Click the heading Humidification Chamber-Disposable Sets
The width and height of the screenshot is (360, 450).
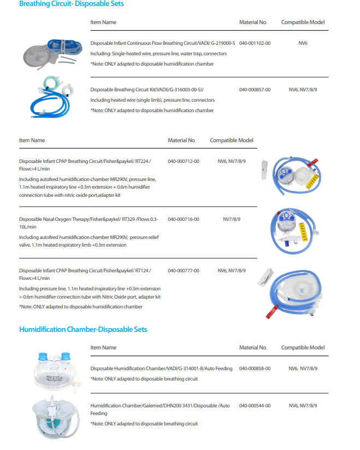pyautogui.click(x=83, y=330)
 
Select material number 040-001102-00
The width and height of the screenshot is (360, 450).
pyautogui.click(x=255, y=43)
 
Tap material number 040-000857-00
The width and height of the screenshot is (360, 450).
pyautogui.click(x=255, y=89)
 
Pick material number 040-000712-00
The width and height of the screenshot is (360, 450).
pyautogui.click(x=184, y=161)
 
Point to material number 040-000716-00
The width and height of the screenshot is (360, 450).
pyautogui.click(x=184, y=219)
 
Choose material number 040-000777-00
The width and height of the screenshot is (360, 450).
pyautogui.click(x=184, y=271)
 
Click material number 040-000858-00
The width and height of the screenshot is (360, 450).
pyautogui.click(x=255, y=369)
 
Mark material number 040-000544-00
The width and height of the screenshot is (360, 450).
pyautogui.click(x=255, y=406)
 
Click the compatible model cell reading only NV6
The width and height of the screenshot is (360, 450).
pyautogui.click(x=303, y=43)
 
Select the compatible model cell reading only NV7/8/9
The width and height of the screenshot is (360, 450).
pyautogui.click(x=232, y=219)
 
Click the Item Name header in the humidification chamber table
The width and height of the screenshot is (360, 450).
pyautogui.click(x=103, y=348)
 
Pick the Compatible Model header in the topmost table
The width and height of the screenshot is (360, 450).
pyautogui.click(x=303, y=22)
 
